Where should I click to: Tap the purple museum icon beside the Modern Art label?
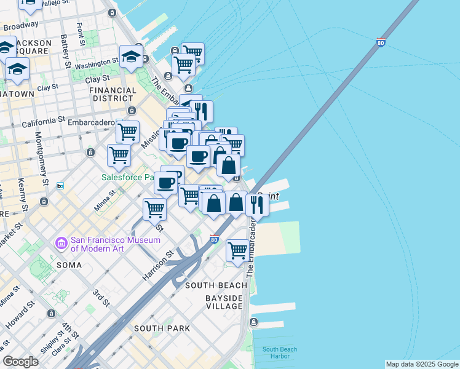pyautogui.click(x=61, y=244)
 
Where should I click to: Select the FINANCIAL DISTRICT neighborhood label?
pyautogui.click(x=113, y=94)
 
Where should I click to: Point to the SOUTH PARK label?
pyautogui.click(x=162, y=328)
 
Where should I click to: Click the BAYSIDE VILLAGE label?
pyautogui.click(x=215, y=301)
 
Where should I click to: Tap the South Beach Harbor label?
pyautogui.click(x=280, y=353)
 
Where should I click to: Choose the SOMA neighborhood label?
pyautogui.click(x=69, y=265)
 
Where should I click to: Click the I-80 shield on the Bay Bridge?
pyautogui.click(x=381, y=42)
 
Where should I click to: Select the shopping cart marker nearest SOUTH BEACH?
pyautogui.click(x=237, y=250)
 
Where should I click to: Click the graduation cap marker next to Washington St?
pyautogui.click(x=131, y=58)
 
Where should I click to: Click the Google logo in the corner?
pyautogui.click(x=20, y=362)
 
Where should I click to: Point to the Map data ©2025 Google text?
pyautogui.click(x=422, y=364)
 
